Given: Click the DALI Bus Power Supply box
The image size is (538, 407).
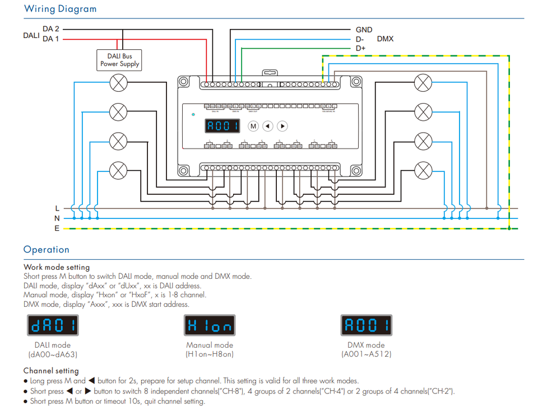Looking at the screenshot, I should (x=120, y=60).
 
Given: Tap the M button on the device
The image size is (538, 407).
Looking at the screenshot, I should (x=253, y=126).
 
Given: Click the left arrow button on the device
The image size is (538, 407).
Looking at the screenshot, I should (x=268, y=126).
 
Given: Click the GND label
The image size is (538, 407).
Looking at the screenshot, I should (x=364, y=30).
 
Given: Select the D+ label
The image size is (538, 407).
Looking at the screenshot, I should (x=360, y=49).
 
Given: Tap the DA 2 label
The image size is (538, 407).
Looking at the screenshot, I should (x=51, y=29).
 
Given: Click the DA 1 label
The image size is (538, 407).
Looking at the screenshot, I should (x=51, y=39).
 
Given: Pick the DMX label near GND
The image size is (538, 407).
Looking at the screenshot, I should (x=385, y=39).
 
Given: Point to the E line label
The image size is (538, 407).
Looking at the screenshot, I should (x=57, y=228).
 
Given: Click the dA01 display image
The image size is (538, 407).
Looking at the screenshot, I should (x=53, y=325).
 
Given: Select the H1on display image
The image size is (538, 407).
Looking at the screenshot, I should (x=210, y=325).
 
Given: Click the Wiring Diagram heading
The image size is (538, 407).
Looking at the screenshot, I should (x=60, y=9).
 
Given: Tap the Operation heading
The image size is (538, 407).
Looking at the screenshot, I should (x=47, y=250).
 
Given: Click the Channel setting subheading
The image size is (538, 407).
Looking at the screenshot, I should (x=51, y=371).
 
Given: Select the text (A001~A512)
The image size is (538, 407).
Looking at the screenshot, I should (x=366, y=354).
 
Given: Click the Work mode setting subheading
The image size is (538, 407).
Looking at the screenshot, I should (x=57, y=267).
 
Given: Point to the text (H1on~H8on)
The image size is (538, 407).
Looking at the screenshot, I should (x=210, y=354).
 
